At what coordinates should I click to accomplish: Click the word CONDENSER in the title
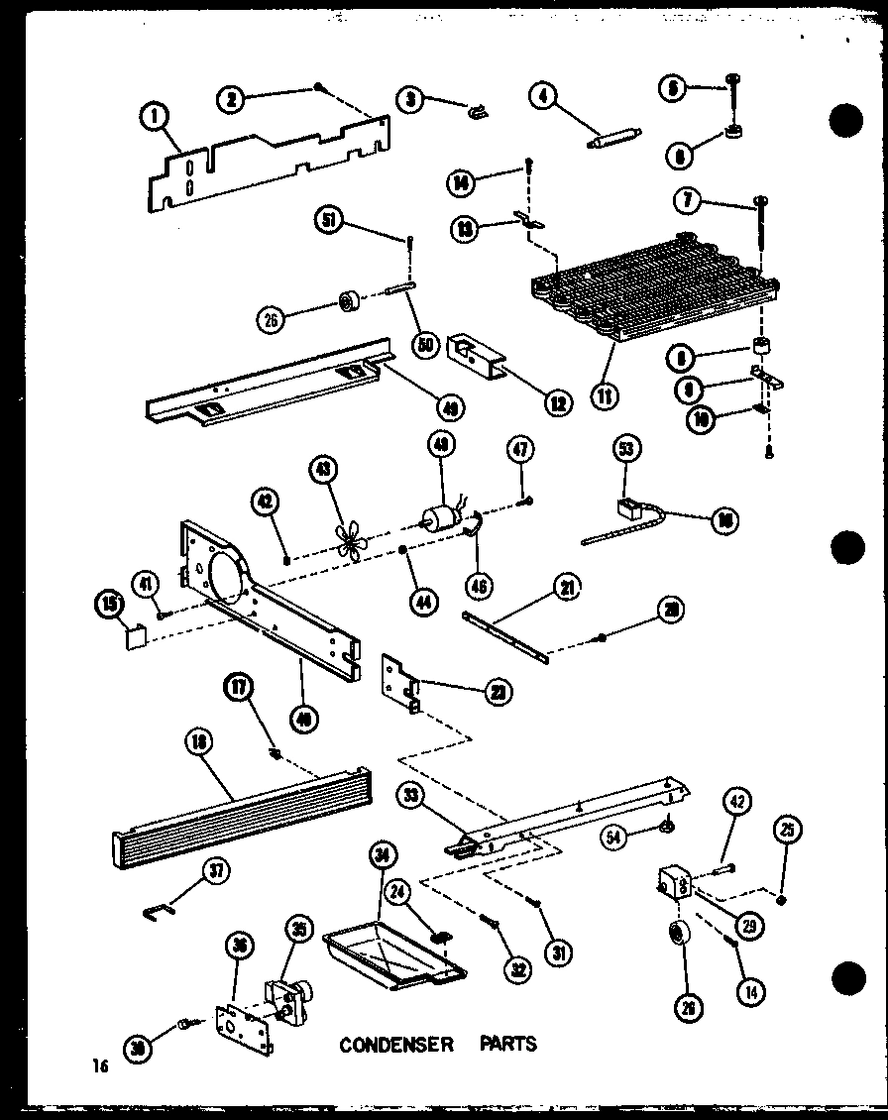[396, 1045]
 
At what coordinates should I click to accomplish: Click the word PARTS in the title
[508, 1044]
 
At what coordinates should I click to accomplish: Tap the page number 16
[98, 1066]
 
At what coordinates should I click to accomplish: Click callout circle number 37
[218, 872]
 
